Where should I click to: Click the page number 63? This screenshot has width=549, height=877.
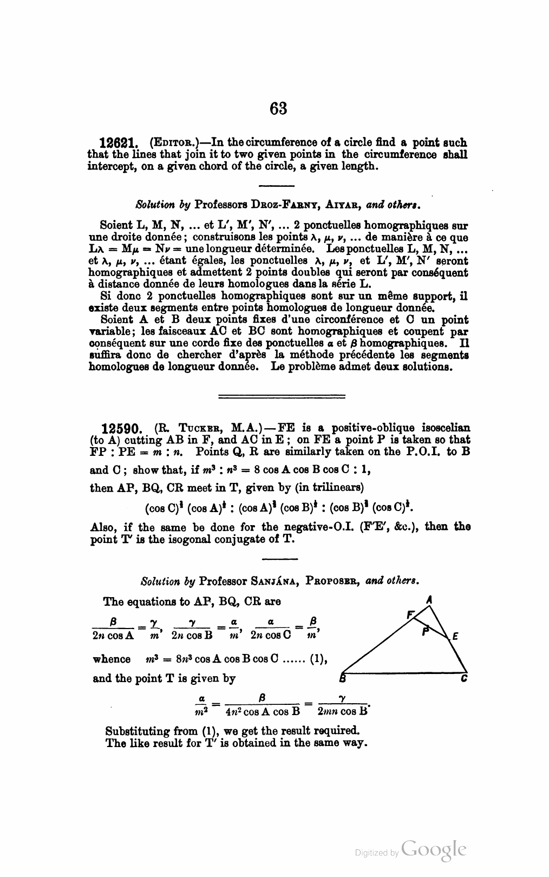[278, 108]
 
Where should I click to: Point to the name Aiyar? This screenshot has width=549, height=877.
[343, 206]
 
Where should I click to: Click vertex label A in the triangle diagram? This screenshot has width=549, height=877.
[429, 599]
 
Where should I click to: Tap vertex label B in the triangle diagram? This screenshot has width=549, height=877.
[342, 679]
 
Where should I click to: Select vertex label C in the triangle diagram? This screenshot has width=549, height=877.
[464, 678]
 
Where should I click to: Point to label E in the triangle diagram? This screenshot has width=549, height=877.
[455, 637]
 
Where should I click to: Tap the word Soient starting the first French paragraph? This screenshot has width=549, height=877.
[116, 225]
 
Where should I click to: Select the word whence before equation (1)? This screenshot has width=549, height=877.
[112, 659]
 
